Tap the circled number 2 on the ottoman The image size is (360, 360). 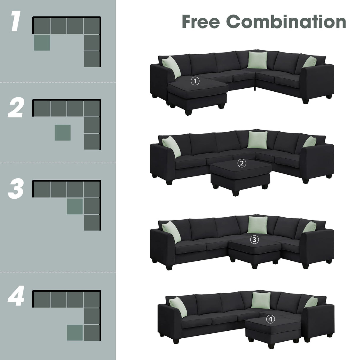(x=242, y=163)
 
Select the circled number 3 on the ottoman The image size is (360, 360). (x=255, y=239)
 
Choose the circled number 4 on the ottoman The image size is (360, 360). (x=270, y=319)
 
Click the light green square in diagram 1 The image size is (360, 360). (x=42, y=42)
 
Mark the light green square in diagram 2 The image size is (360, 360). (x=63, y=132)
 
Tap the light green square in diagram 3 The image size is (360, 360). (x=75, y=206)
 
